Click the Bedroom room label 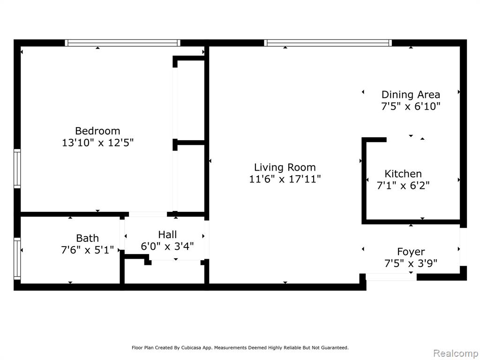point(97,131)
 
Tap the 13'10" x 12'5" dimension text point(97,142)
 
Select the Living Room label point(285,167)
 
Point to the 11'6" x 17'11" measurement point(285,179)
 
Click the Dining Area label point(411,95)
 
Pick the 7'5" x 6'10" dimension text point(411,106)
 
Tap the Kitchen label point(403,174)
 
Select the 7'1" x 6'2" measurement point(403,185)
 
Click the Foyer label point(411,252)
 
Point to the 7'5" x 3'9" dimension point(411,263)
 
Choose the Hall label point(167,234)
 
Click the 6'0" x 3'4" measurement point(167,246)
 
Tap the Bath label point(87,238)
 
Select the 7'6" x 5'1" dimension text point(87,250)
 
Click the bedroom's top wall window point(122,43)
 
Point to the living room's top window point(328,43)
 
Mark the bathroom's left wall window point(17,259)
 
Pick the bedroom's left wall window point(17,169)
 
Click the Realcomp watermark point(456,353)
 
